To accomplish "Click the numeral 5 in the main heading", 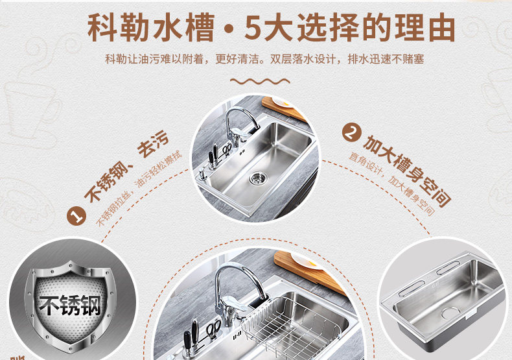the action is (x=253, y=27).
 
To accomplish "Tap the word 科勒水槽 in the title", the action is (x=151, y=27).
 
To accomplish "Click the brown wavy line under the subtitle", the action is (x=260, y=81).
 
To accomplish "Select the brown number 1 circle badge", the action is (x=76, y=216).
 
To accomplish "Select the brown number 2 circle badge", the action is (x=352, y=133).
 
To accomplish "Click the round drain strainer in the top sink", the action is (x=258, y=178).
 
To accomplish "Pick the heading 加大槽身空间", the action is (x=407, y=171).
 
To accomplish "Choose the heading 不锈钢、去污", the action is (x=126, y=166).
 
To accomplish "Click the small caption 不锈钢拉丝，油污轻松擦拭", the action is (x=139, y=189).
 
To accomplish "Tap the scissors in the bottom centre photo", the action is (x=213, y=330).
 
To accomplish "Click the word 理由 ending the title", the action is (x=425, y=27).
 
